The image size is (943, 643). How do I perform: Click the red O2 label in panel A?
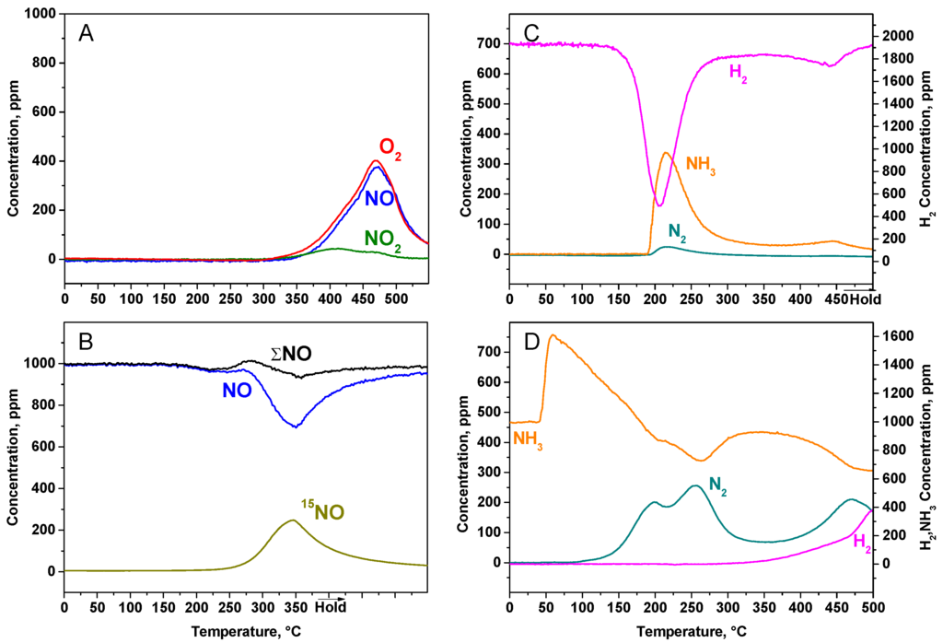(390, 147)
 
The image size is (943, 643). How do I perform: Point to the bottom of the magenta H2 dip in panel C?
(659, 205)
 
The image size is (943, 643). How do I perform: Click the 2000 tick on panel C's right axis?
(897, 36)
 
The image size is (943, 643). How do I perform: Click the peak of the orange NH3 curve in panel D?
(553, 335)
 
